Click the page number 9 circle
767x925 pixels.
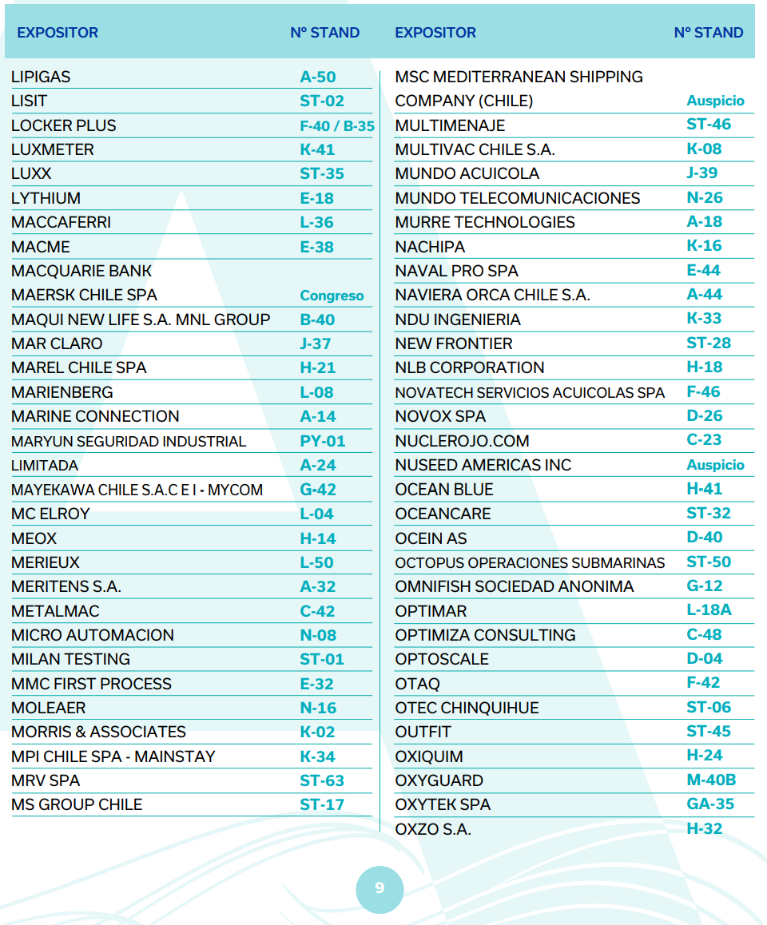pyautogui.click(x=380, y=888)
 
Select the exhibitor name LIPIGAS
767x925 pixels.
pyautogui.click(x=41, y=77)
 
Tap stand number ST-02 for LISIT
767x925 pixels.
pyautogui.click(x=322, y=101)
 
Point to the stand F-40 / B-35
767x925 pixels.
pyautogui.click(x=337, y=126)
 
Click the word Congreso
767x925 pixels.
pyautogui.click(x=332, y=296)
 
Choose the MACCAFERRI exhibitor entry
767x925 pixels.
pyautogui.click(x=61, y=222)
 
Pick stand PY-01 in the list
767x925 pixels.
pyautogui.click(x=323, y=441)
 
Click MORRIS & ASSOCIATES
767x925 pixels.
pyautogui.click(x=98, y=732)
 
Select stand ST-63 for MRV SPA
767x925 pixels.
pyautogui.click(x=322, y=780)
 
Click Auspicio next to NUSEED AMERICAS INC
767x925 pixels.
pyautogui.click(x=715, y=465)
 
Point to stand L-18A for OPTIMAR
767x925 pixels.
pyautogui.click(x=709, y=610)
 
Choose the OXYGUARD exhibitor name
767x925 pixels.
pyautogui.click(x=439, y=780)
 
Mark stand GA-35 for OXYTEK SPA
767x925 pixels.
pyautogui.click(x=710, y=804)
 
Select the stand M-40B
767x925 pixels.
pyautogui.click(x=711, y=780)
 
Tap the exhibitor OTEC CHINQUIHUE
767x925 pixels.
pyautogui.click(x=467, y=708)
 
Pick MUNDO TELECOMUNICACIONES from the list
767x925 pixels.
pyautogui.click(x=517, y=198)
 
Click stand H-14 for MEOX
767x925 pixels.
pyautogui.click(x=318, y=538)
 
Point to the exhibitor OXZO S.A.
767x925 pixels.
pyautogui.click(x=433, y=829)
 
